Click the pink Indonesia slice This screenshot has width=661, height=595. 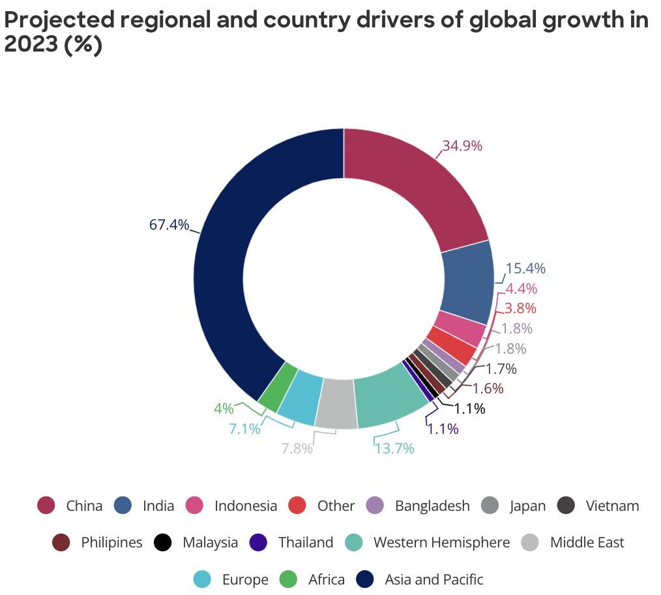click(460, 328)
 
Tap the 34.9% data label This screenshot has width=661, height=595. click(462, 146)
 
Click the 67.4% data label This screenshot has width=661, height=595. click(169, 225)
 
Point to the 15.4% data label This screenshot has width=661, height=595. click(525, 269)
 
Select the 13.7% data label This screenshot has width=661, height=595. click(394, 448)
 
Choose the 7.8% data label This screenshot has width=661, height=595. click(297, 449)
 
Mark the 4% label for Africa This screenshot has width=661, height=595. click(224, 409)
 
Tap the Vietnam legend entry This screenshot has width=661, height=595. click(611, 506)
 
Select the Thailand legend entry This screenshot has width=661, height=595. click(305, 542)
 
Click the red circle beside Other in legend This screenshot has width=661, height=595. click(297, 506)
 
